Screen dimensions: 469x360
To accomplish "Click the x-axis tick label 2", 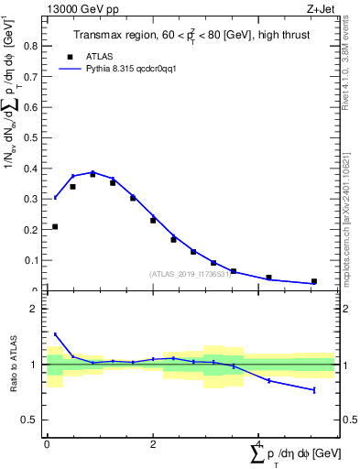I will (x=153, y=444).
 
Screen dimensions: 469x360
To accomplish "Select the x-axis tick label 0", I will (x=47, y=444).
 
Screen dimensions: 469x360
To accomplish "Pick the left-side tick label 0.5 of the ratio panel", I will (x=31, y=420).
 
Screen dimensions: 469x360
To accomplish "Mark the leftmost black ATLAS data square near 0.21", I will (x=55, y=226).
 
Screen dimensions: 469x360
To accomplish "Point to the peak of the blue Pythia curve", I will (x=93, y=172).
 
